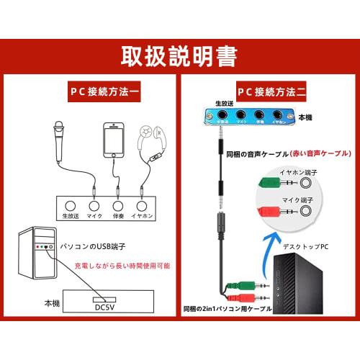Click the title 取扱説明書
coord(179,55)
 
